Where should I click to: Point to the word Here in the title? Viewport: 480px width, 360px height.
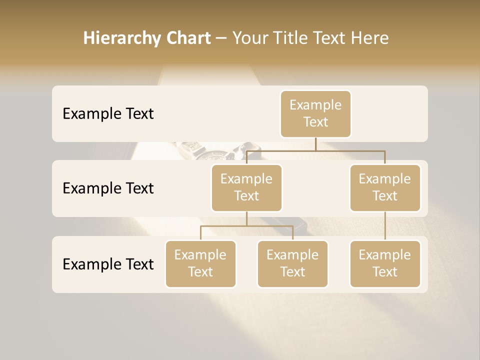tap(370, 38)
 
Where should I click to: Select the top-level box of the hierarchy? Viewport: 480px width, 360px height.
tap(315, 113)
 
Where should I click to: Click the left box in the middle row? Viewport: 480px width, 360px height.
tap(246, 187)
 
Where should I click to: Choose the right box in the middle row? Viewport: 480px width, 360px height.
tap(385, 187)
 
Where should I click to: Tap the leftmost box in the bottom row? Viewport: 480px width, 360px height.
tap(200, 263)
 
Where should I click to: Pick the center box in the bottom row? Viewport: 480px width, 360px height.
tap(292, 263)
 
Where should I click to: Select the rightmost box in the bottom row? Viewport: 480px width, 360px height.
tap(385, 263)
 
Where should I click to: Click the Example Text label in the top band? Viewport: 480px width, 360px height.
tap(108, 113)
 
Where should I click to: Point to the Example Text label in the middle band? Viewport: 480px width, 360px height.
tap(108, 188)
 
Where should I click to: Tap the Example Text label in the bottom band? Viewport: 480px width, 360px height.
tap(108, 264)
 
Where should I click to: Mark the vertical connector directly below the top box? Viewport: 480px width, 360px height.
tap(315, 144)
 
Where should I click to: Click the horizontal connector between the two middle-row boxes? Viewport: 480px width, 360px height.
tap(315, 150)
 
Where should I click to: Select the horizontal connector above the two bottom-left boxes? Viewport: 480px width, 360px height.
tap(246, 226)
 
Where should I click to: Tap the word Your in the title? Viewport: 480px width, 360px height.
tap(248, 38)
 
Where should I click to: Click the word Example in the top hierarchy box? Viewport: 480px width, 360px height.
tap(315, 105)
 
